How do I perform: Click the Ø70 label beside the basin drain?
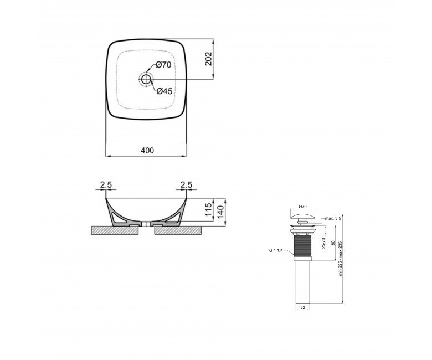pos(163,65)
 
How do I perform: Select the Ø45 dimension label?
pos(164,91)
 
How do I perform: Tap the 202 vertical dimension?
pos(209,59)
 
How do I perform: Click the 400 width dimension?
pos(147,151)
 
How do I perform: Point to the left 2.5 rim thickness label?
pos(106,185)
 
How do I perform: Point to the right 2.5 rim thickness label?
pos(186,185)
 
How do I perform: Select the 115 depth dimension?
pos(209,209)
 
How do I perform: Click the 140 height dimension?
pos(220,212)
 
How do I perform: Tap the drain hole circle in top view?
pos(146,79)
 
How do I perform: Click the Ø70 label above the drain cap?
pos(302,206)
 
